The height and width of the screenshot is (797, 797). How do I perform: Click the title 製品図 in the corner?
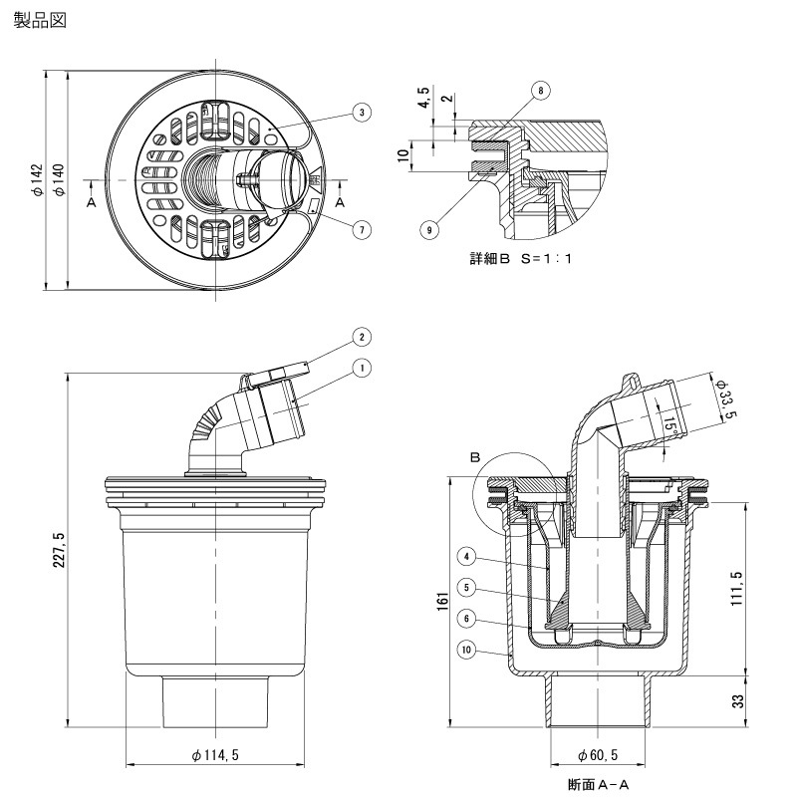(40, 20)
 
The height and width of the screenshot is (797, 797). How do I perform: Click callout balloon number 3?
(362, 113)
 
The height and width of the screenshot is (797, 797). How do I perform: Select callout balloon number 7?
(362, 229)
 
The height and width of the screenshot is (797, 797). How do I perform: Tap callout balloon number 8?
(540, 91)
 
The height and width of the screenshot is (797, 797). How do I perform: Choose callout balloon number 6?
(467, 618)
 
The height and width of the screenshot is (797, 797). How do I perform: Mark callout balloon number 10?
(467, 651)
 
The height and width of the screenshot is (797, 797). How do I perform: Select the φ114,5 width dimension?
(214, 756)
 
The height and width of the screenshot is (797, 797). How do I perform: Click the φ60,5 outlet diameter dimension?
(597, 756)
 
